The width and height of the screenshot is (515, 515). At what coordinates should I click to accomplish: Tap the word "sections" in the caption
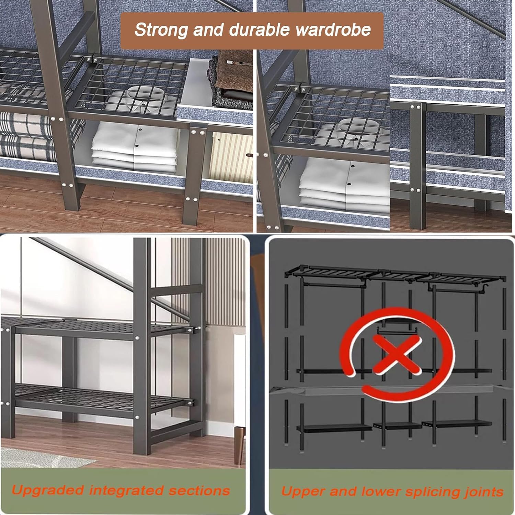tap(199, 491)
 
